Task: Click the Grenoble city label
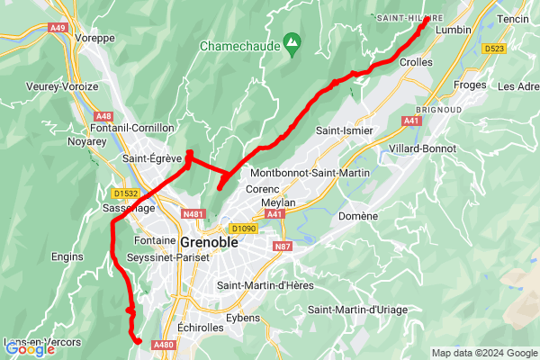coord(209,243)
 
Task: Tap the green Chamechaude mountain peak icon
coord(292,41)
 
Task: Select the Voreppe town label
coord(95,39)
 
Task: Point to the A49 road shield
coord(58,28)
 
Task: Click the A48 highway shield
coord(103,116)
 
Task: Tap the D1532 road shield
coord(125,193)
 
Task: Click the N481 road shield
coord(193,214)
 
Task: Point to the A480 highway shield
coord(163,345)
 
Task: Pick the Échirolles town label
coord(200,328)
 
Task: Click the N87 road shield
coord(283,247)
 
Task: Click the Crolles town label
coord(415,62)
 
